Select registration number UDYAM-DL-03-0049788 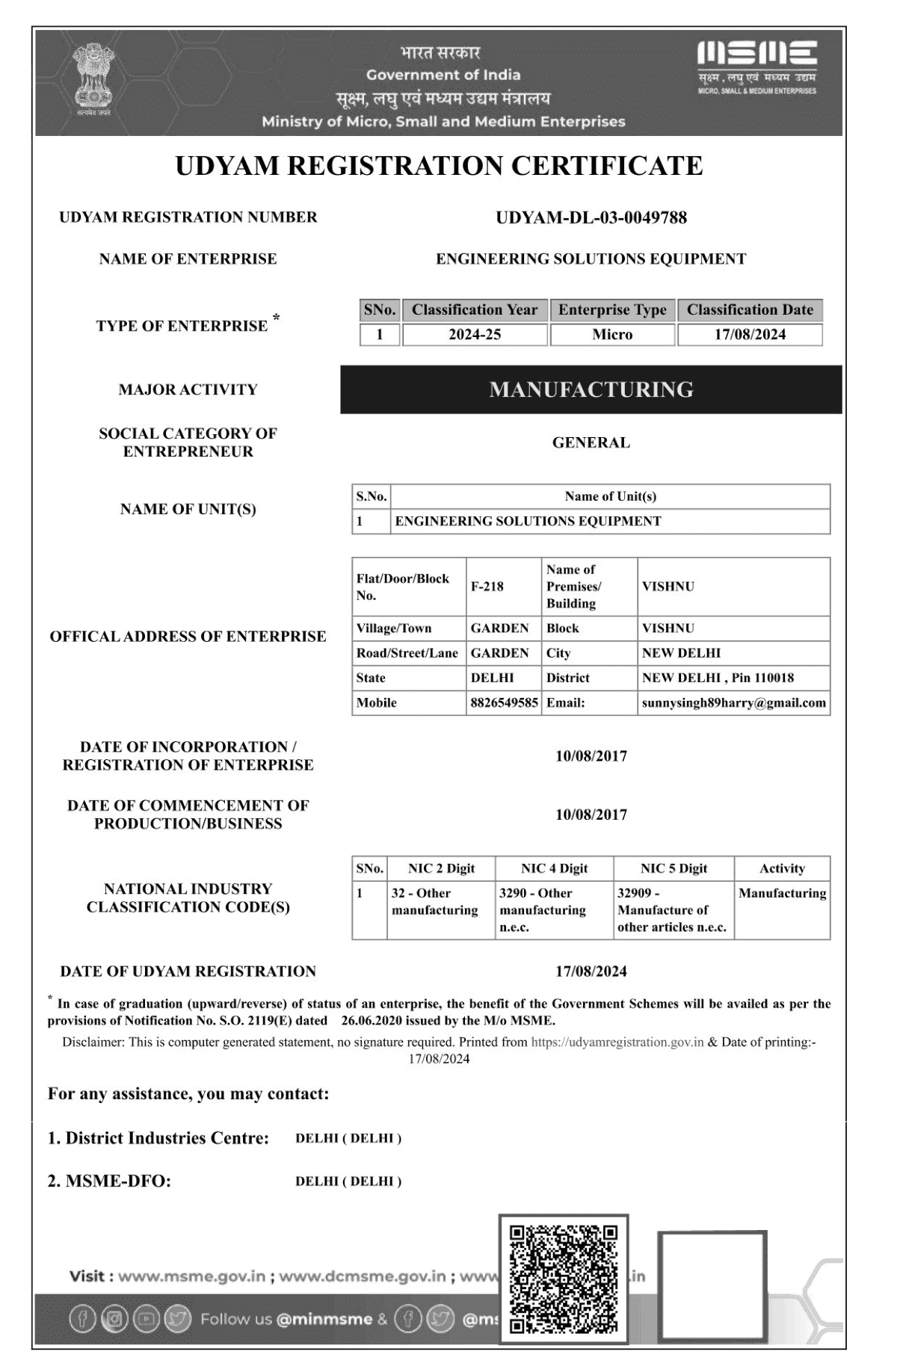(x=591, y=217)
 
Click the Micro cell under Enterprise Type (x=612, y=334)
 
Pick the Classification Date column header (x=750, y=309)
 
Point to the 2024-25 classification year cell (x=475, y=334)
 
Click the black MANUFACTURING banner (x=591, y=389)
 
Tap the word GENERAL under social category (x=591, y=442)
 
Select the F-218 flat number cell (x=487, y=587)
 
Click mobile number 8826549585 (x=504, y=702)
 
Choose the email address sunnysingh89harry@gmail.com (x=733, y=702)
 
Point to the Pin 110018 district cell (x=718, y=678)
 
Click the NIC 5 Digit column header (x=673, y=868)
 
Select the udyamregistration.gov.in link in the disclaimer (x=617, y=1042)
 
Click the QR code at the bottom (x=564, y=1279)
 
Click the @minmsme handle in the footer (x=324, y=1319)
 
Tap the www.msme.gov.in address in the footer (x=191, y=1276)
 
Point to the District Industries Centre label (x=158, y=1138)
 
